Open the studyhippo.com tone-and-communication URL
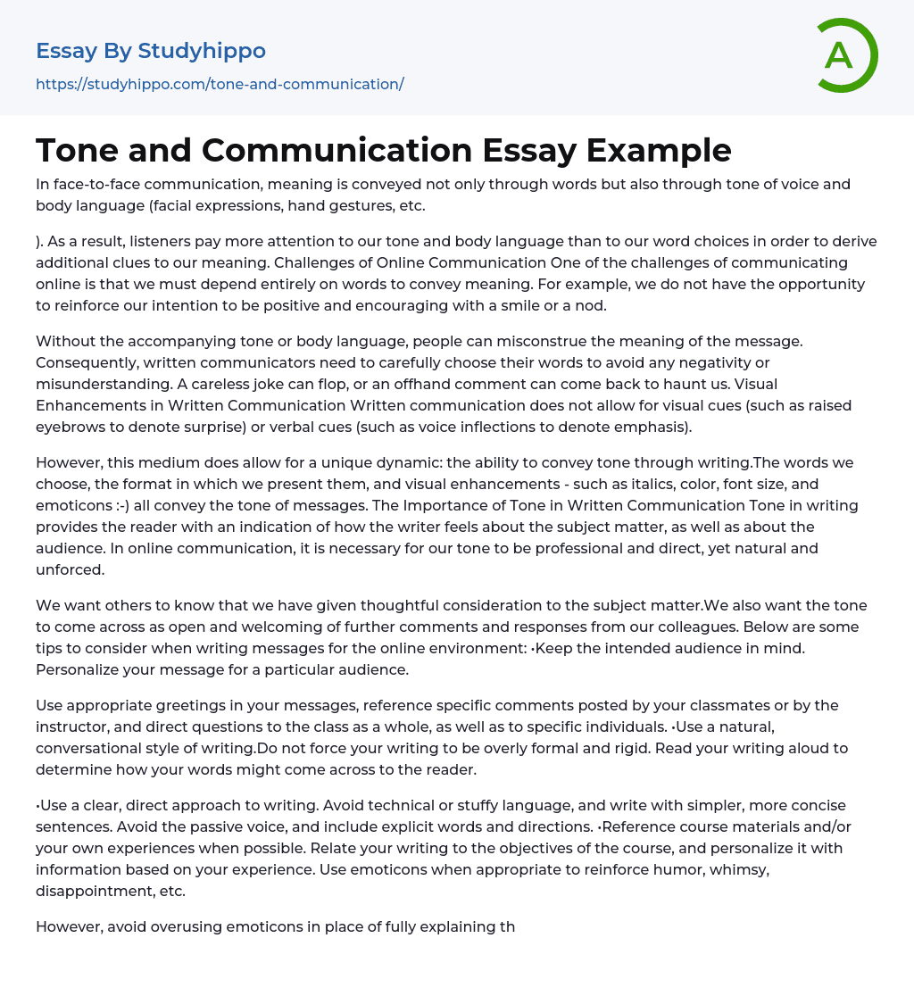(220, 84)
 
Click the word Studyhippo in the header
(202, 51)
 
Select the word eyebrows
(67, 427)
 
